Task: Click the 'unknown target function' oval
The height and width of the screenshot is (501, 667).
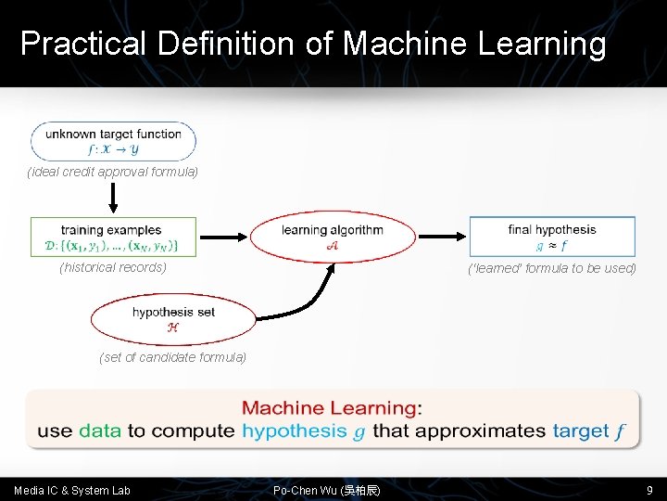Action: click(113, 141)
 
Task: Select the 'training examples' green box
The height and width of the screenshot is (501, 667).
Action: click(113, 238)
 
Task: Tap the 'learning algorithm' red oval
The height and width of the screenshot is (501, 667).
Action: click(333, 237)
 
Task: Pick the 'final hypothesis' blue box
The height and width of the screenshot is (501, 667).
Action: click(552, 237)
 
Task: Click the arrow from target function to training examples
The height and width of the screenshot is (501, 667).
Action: click(113, 197)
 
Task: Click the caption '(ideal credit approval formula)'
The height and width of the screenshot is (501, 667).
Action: click(113, 172)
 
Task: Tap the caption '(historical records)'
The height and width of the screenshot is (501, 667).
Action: click(113, 267)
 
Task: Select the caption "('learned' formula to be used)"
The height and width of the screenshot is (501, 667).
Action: click(553, 268)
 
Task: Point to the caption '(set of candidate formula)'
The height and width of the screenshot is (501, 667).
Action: click(172, 356)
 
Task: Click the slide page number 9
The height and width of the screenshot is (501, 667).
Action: click(649, 490)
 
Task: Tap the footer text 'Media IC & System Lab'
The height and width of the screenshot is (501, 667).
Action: click(72, 490)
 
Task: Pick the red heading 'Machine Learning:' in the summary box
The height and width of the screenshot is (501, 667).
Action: click(332, 407)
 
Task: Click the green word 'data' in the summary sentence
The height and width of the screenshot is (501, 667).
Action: click(100, 430)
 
